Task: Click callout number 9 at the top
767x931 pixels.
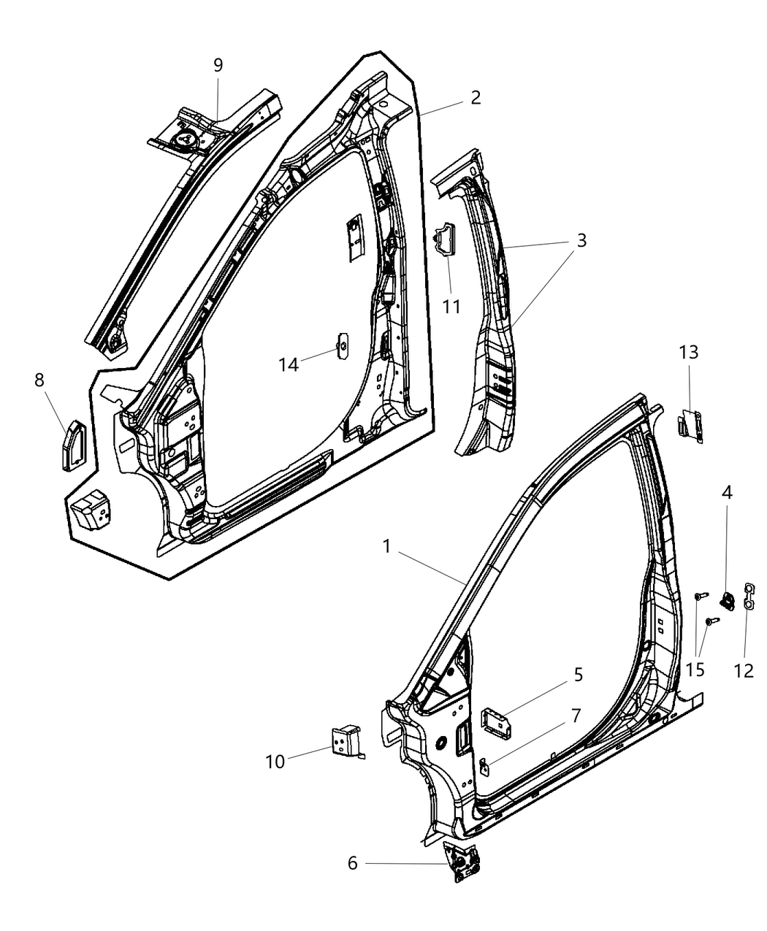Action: click(218, 65)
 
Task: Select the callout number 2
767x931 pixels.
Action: click(476, 98)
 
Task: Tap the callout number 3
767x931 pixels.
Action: click(581, 240)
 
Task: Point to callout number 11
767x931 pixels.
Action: click(452, 306)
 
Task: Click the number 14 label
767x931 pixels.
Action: click(289, 364)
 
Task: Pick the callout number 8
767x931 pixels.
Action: click(39, 380)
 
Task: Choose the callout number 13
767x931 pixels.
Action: click(688, 353)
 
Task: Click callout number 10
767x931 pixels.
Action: click(275, 761)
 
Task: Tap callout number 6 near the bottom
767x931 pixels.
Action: click(353, 864)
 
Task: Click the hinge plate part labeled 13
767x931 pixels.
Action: click(691, 425)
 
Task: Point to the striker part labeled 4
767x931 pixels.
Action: click(727, 600)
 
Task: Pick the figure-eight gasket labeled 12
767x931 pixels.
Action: click(747, 594)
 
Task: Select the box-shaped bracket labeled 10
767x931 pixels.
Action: click(346, 741)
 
